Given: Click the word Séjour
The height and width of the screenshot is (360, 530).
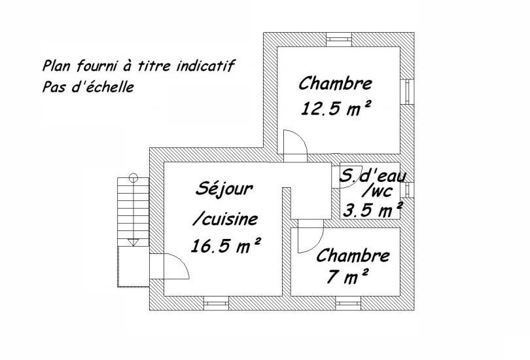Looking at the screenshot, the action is click(x=224, y=190).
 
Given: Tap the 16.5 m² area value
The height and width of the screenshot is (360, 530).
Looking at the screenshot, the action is click(x=226, y=245).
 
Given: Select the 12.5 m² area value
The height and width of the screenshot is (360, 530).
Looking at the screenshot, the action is click(x=336, y=109).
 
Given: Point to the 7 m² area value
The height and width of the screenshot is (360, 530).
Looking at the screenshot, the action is click(x=347, y=277).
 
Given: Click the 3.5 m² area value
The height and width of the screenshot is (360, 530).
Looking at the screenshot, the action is click(x=372, y=210).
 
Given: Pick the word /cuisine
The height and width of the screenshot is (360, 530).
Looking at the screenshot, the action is click(x=225, y=219).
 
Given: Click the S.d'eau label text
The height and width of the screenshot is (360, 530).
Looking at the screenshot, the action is click(x=372, y=176).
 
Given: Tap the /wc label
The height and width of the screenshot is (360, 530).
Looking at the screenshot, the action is click(x=376, y=191).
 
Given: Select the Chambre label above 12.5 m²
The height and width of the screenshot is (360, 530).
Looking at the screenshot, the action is click(x=335, y=84).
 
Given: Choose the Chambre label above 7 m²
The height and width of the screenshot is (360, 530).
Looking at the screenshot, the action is click(x=353, y=255).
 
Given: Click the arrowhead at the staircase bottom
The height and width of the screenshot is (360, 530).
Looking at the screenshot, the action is click(x=133, y=242).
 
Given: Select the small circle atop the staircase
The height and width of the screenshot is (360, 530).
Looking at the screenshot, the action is click(x=133, y=177).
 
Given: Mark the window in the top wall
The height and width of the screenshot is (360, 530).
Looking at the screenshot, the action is click(x=340, y=39).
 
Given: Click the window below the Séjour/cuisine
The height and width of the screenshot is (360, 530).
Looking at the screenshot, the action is click(x=217, y=303).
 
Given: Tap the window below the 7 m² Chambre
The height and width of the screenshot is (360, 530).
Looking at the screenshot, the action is click(x=348, y=303).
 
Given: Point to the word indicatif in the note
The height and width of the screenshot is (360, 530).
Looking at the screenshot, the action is click(x=205, y=66).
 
